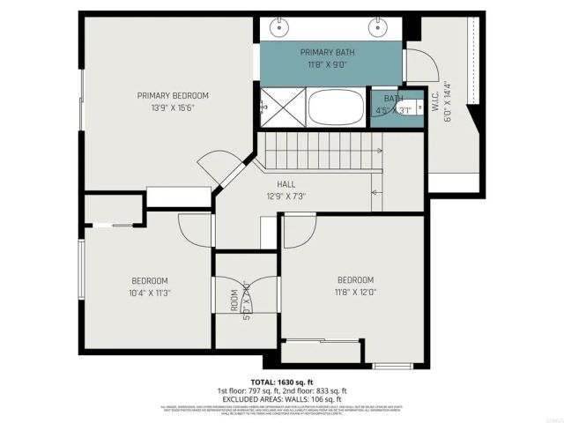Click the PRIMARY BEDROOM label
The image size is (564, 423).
173,95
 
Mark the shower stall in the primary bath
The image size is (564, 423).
280,108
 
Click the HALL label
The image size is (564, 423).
286,184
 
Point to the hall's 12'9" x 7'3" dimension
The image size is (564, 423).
286,196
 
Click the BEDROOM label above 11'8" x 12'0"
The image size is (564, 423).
354,280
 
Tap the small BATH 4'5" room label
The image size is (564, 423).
393,99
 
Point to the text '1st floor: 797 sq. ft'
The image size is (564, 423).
249,391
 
